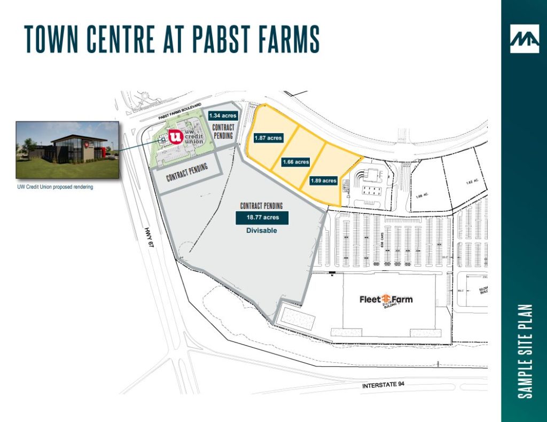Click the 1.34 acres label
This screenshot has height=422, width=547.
tap(222, 115)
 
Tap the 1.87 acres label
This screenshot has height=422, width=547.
tap(268, 138)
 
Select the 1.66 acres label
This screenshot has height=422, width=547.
tap(295, 162)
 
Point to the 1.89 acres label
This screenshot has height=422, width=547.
tap(324, 181)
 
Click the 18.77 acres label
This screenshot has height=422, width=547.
tap(262, 217)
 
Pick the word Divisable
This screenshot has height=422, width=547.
tap(262, 231)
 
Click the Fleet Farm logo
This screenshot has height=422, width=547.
tap(386, 300)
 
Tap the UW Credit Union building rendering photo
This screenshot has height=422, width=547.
tap(67, 150)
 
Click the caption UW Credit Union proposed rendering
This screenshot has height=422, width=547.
tap(55, 187)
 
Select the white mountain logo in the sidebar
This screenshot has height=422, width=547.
tap(524, 39)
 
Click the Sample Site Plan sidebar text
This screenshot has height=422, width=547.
tap(526, 351)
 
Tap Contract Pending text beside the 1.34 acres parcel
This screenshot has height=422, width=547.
tap(223, 131)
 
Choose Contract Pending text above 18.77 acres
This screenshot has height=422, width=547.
tap(261, 206)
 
